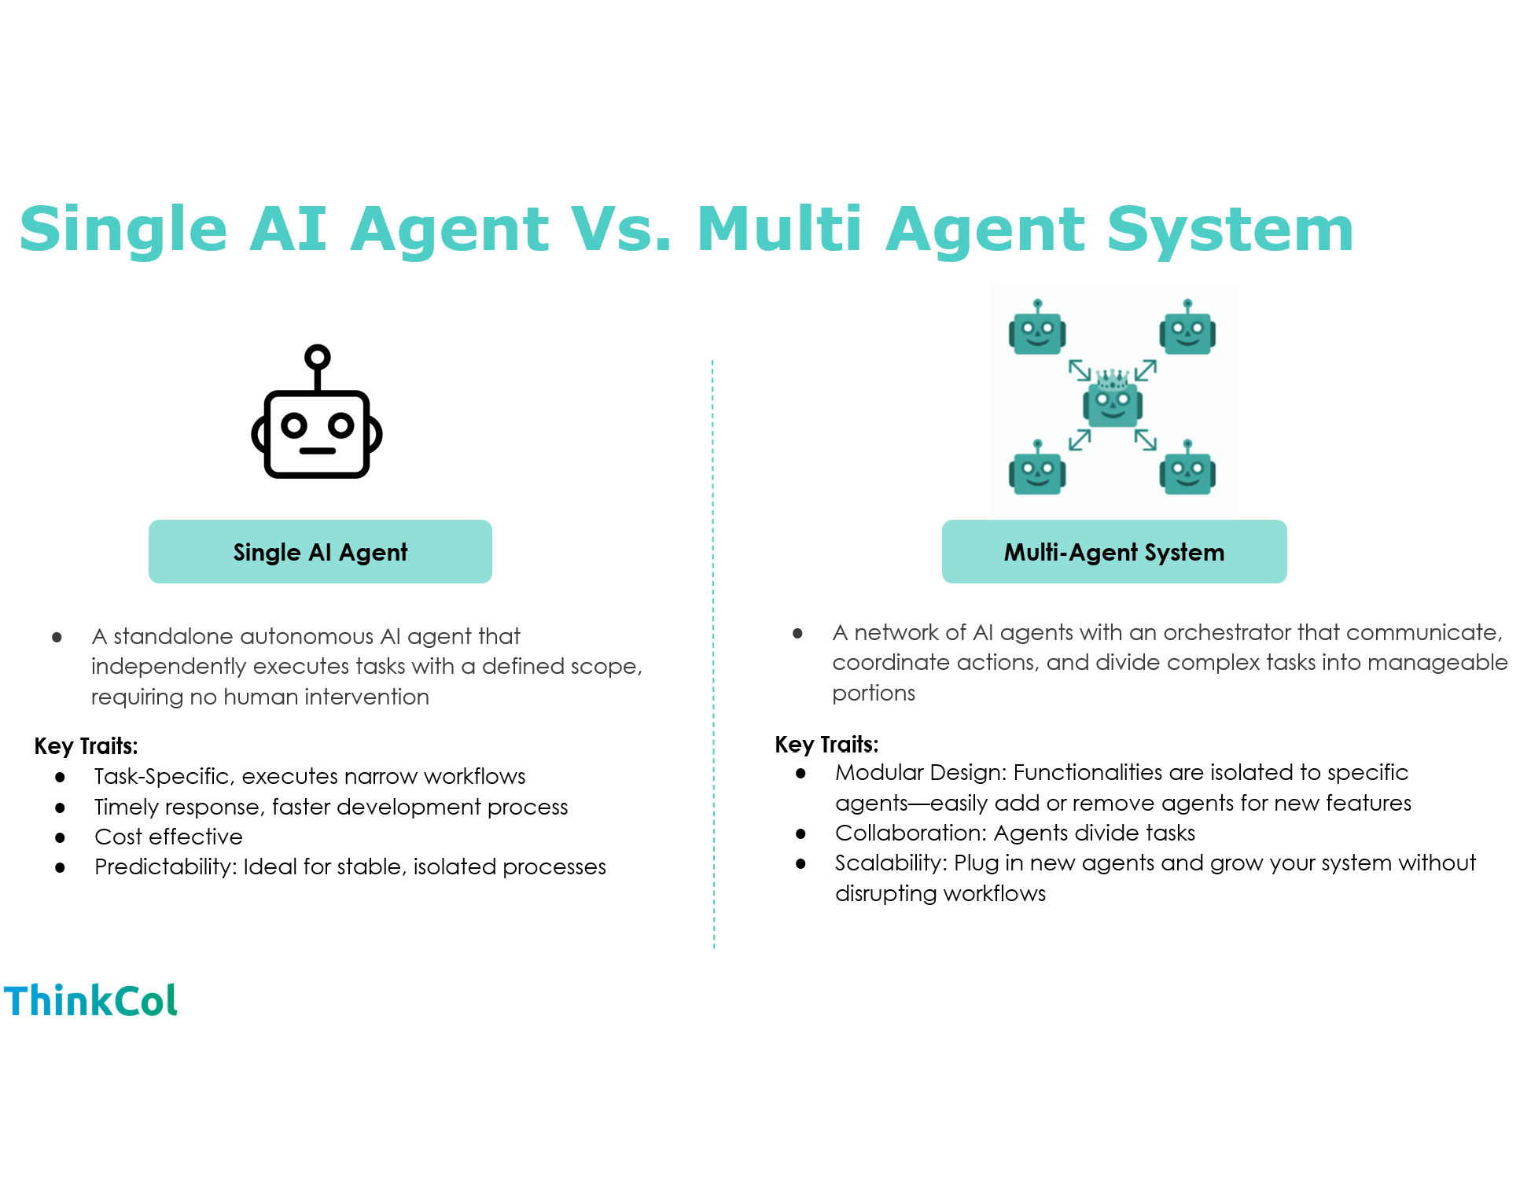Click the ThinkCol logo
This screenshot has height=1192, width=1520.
(90, 1000)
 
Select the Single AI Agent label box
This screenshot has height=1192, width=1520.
(320, 552)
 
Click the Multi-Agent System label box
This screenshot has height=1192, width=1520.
(1113, 552)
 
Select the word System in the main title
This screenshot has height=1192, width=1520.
(1230, 229)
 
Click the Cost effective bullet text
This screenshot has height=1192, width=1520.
(168, 837)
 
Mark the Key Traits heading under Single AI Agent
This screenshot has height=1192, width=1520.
(86, 745)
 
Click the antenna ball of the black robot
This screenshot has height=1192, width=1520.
(317, 357)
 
